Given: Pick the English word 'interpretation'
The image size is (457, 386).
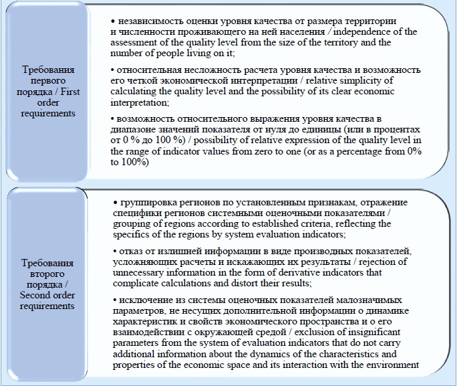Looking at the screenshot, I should (x=139, y=103).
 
